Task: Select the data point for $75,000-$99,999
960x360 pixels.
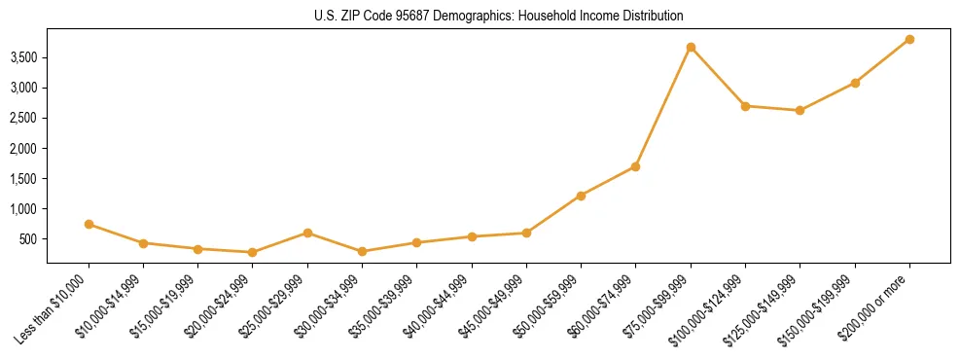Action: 691,47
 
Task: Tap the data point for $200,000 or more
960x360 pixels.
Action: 909,39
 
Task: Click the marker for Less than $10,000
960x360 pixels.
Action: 89,224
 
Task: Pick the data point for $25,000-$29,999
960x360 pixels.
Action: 307,233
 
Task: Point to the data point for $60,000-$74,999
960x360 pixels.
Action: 635,166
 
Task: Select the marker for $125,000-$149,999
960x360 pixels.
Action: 800,110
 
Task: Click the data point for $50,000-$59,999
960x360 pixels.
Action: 581,196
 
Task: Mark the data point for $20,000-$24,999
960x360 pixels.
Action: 253,252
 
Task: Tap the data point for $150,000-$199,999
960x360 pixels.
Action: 855,83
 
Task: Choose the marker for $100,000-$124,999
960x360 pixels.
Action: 745,106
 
